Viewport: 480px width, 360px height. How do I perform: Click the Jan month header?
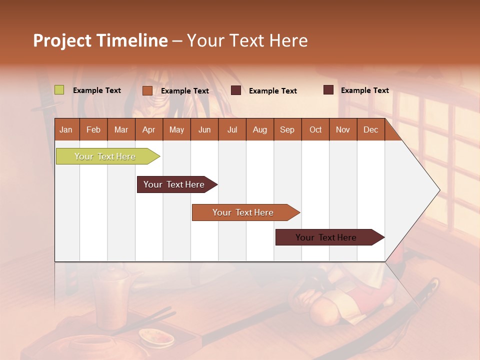[x=66, y=129]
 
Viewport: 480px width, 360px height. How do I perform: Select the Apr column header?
[x=148, y=129]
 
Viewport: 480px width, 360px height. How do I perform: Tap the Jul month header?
[x=232, y=129]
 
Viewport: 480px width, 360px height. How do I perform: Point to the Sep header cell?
[x=287, y=129]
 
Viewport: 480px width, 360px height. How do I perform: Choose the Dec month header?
[x=370, y=129]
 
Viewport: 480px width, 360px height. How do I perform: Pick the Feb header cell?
[x=93, y=129]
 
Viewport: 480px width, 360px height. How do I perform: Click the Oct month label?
[x=315, y=129]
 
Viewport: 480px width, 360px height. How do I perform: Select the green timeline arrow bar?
[x=105, y=156]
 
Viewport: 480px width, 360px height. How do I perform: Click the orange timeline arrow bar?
[x=243, y=212]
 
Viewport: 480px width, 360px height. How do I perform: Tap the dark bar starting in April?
[x=174, y=184]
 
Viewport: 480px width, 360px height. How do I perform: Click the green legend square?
[x=59, y=90]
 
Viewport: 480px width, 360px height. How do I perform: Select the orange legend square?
[x=147, y=90]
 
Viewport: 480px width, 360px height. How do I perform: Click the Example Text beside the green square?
[x=97, y=90]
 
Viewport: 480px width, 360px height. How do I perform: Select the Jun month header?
[x=204, y=129]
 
